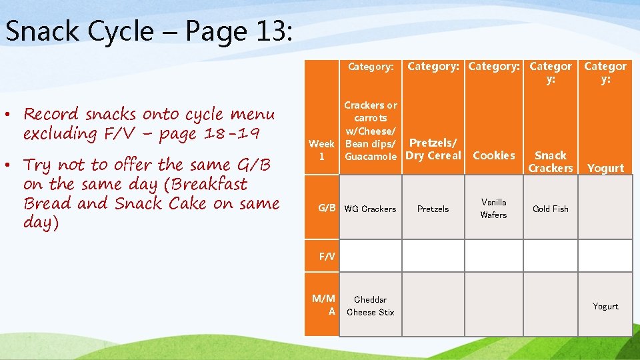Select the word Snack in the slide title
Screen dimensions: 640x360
point(38,31)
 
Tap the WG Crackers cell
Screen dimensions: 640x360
point(370,209)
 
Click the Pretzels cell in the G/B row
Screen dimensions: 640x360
point(433,209)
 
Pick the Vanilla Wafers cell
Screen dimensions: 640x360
point(494,209)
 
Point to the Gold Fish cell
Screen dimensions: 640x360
point(551,209)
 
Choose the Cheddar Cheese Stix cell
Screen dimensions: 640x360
point(370,306)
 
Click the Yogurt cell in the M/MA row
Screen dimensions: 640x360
point(605,306)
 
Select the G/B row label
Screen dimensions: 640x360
point(327,208)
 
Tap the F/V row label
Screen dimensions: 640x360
point(327,256)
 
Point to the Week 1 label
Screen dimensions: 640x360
point(321,150)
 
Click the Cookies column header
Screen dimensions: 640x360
point(494,155)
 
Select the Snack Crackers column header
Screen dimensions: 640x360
point(551,161)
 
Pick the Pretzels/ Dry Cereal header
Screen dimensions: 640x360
point(433,149)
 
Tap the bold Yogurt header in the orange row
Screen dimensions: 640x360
point(605,168)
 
